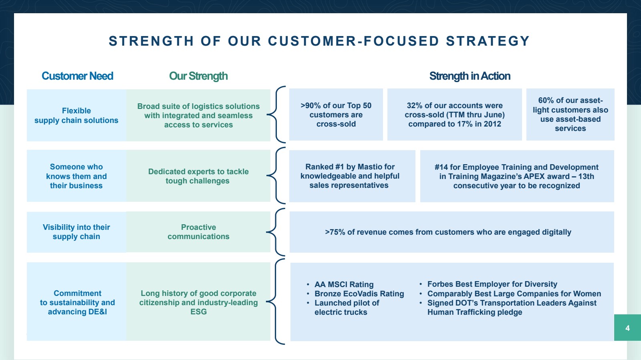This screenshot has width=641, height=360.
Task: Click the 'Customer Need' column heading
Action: (77, 76)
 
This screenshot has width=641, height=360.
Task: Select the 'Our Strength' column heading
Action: (198, 76)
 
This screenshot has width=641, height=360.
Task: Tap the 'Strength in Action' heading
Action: (470, 76)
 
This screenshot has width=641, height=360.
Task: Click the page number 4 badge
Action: (627, 328)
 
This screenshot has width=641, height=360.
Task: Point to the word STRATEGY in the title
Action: (488, 41)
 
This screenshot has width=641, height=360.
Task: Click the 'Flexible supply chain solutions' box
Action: (77, 115)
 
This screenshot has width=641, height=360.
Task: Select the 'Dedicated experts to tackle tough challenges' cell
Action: (198, 176)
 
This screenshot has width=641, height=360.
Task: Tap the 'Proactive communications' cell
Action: (198, 232)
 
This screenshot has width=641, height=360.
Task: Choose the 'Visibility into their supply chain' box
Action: (77, 232)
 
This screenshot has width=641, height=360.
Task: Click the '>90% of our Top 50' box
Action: (336, 115)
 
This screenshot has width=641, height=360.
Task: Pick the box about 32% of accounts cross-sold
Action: (454, 115)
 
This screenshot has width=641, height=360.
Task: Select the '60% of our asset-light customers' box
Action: (570, 115)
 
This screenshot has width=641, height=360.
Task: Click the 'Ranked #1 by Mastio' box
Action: (352, 176)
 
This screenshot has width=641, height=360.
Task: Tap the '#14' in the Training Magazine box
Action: (441, 167)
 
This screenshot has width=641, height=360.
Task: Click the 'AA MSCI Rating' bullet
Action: (344, 284)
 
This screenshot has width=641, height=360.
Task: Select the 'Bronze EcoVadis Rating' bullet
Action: (359, 294)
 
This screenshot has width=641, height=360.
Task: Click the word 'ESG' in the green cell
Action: (199, 312)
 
